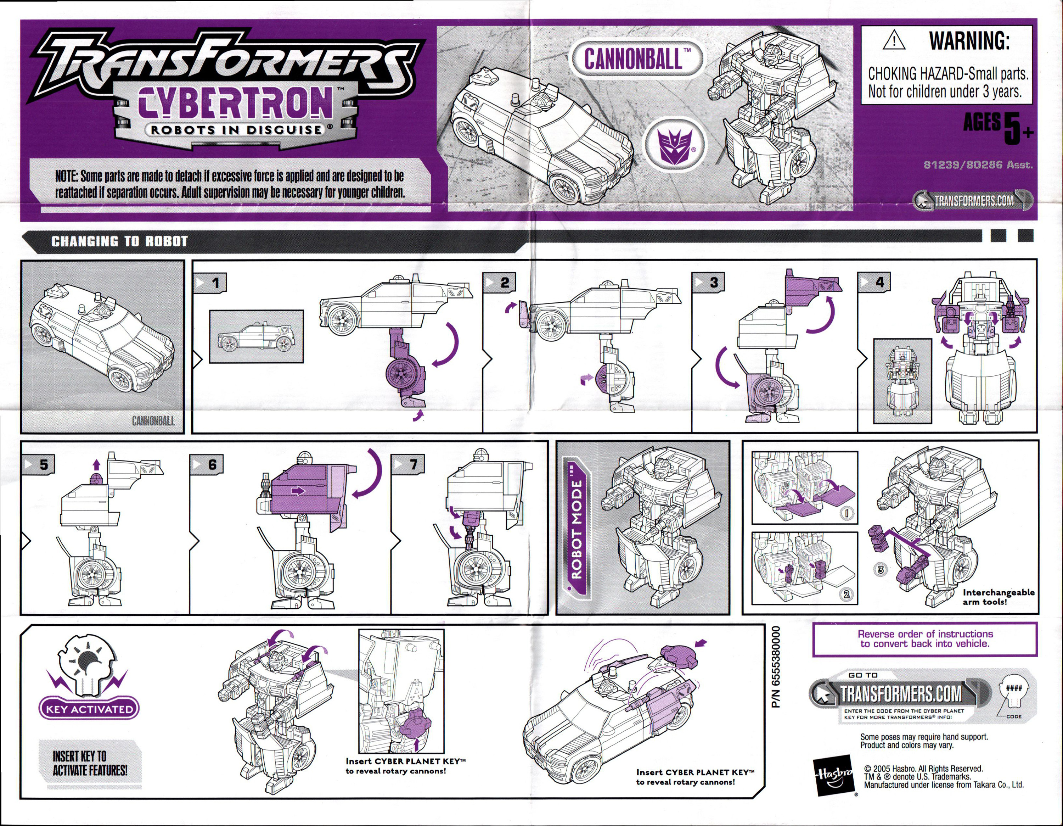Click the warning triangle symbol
[x=894, y=40]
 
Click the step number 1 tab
[x=211, y=283]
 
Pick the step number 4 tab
[x=874, y=283]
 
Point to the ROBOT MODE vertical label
[x=576, y=526]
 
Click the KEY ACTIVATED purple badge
[x=89, y=709]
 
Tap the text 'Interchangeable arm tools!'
[x=998, y=597]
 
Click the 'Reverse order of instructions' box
[x=924, y=639]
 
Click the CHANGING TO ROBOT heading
[x=119, y=241]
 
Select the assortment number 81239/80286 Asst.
[x=978, y=164]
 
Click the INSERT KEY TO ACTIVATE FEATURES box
[x=90, y=764]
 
